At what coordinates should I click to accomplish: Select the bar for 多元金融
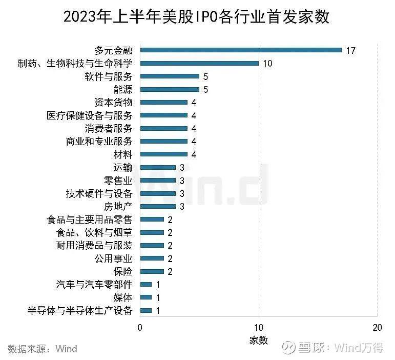(x=241, y=50)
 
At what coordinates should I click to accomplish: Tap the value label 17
(x=350, y=50)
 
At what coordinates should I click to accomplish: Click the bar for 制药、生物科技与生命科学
(x=199, y=63)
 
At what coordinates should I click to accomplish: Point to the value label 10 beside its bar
(x=267, y=64)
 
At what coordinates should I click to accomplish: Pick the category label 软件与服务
(x=109, y=76)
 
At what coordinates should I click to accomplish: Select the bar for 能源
(x=170, y=89)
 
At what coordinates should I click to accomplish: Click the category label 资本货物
(x=113, y=102)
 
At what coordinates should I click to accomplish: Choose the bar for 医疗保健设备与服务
(x=164, y=115)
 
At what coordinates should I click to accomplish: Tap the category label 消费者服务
(x=109, y=128)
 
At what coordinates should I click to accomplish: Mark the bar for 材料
(x=164, y=154)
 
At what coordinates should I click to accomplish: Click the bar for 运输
(x=158, y=167)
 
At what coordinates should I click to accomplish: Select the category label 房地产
(x=118, y=206)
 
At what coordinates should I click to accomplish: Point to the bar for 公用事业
(x=152, y=258)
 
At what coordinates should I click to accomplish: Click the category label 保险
(x=122, y=271)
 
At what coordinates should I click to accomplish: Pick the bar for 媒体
(x=146, y=297)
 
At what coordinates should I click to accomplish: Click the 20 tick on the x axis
(x=378, y=328)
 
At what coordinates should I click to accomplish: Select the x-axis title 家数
(x=259, y=340)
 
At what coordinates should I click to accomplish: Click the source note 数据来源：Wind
(x=43, y=349)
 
